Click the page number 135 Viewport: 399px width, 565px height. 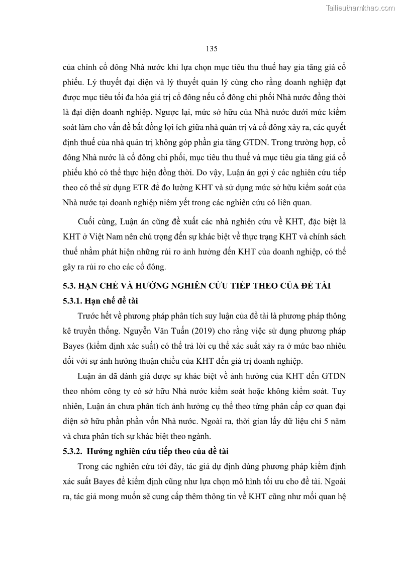211,49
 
